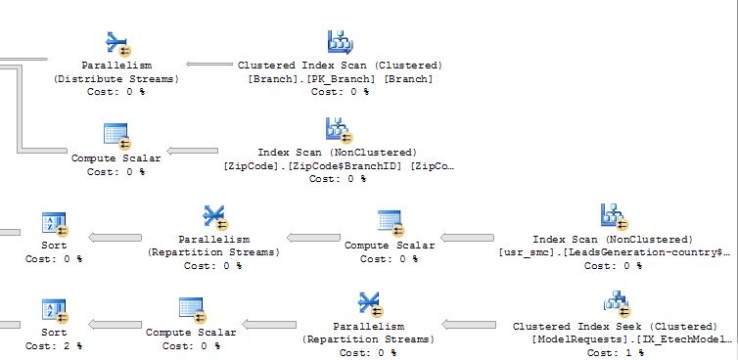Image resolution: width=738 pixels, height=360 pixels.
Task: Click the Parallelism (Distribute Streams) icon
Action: (x=116, y=43)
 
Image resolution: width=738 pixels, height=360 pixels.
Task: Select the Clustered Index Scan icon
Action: (x=339, y=43)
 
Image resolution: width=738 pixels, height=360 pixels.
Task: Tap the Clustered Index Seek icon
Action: (x=615, y=301)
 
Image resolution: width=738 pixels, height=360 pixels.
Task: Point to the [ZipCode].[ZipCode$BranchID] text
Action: (x=338, y=166)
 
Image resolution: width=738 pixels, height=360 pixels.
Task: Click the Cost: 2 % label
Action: (x=54, y=346)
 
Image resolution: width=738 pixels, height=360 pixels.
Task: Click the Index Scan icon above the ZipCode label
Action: (x=338, y=130)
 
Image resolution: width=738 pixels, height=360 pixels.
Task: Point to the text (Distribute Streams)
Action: (x=116, y=78)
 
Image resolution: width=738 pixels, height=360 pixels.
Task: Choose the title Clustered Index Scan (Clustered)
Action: (x=339, y=66)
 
